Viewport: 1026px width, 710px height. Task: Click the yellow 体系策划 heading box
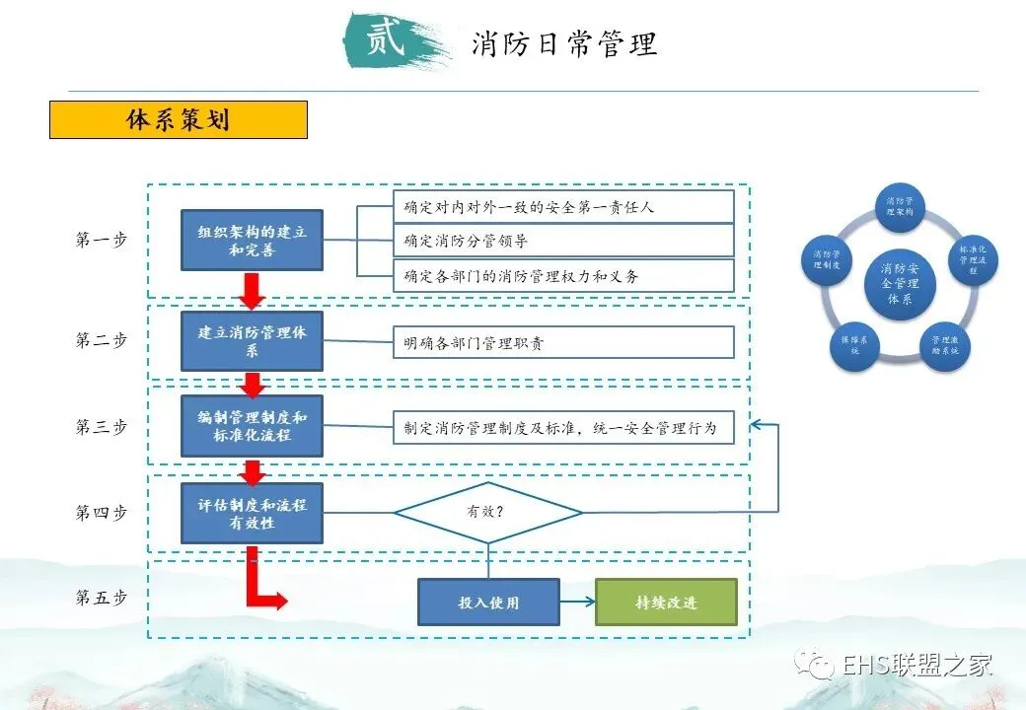(x=179, y=119)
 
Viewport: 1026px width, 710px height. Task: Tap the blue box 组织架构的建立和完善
(x=252, y=241)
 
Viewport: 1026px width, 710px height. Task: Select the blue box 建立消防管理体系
(x=252, y=341)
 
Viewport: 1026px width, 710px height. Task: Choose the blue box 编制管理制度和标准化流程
(x=252, y=426)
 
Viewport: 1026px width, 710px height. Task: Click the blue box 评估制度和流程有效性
(x=252, y=513)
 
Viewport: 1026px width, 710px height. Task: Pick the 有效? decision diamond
(x=488, y=513)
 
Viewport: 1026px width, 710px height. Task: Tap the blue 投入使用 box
(x=488, y=602)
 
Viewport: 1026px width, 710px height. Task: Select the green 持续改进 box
(x=666, y=602)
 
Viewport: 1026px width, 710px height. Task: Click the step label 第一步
(x=102, y=240)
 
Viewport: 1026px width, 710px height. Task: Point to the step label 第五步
(x=102, y=598)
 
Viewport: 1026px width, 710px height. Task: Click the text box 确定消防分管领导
(x=563, y=241)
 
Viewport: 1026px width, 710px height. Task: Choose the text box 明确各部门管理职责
(x=563, y=343)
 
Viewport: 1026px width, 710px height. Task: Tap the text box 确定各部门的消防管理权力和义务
(x=563, y=276)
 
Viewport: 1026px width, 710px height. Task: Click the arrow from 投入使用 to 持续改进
(x=577, y=602)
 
